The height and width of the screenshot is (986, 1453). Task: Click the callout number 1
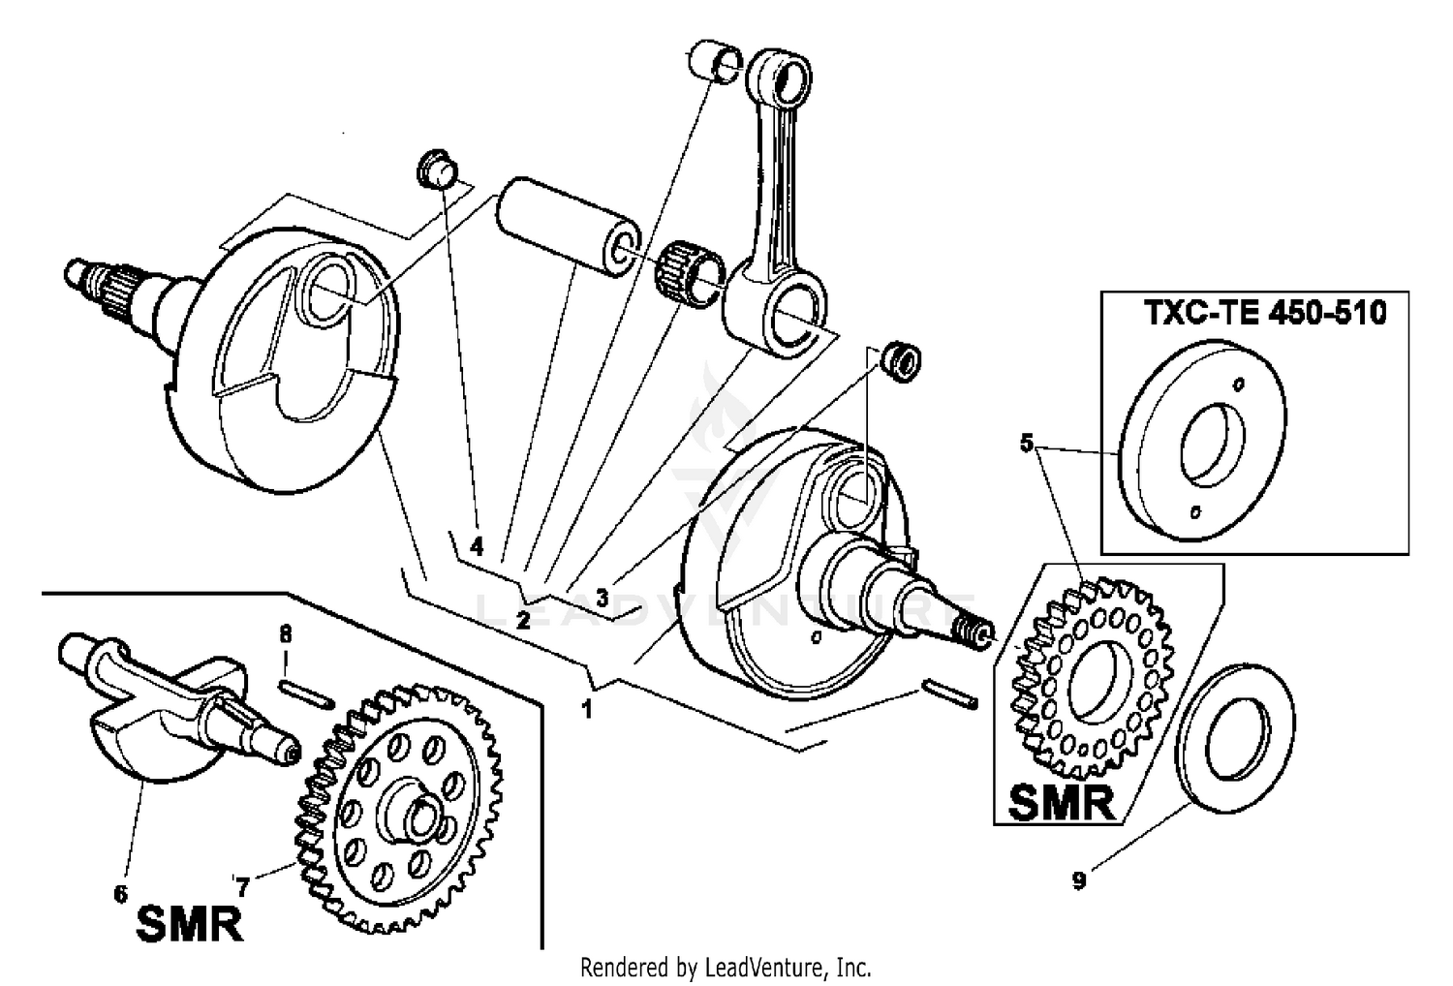tap(586, 709)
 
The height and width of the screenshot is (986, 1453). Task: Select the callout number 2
tap(523, 620)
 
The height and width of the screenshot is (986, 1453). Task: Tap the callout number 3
tap(602, 598)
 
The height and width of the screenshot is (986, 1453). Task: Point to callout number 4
tap(476, 547)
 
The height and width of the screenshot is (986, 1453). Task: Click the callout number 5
tap(1027, 444)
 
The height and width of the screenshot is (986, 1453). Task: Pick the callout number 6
tap(121, 893)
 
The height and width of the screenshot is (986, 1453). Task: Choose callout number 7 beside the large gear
tap(242, 885)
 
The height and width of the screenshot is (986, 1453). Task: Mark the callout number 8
tap(285, 634)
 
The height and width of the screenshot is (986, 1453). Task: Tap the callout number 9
tap(1079, 880)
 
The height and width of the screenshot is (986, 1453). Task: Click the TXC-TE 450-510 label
tap(1266, 314)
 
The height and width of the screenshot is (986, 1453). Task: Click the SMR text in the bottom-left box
tap(189, 924)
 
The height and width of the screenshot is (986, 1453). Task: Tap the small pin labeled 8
tap(307, 693)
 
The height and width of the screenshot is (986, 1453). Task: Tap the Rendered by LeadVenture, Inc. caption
tap(726, 967)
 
